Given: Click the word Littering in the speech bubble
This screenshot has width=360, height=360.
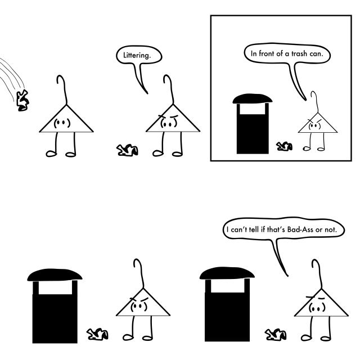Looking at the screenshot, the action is click(x=137, y=55).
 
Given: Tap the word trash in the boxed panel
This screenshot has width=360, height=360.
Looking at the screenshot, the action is click(x=299, y=53).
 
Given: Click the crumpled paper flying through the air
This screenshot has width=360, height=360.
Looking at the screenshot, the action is click(x=22, y=101).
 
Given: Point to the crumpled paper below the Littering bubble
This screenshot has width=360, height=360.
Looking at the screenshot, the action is click(x=127, y=150).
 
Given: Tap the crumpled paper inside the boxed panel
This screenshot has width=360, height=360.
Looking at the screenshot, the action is click(x=284, y=146).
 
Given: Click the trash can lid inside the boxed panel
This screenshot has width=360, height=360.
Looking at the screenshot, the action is click(x=253, y=98).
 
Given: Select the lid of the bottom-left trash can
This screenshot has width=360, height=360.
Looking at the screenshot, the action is click(x=55, y=274).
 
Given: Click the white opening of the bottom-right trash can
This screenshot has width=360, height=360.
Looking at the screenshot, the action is click(x=227, y=286).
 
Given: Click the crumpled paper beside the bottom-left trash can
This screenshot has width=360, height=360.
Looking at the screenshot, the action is click(x=97, y=334).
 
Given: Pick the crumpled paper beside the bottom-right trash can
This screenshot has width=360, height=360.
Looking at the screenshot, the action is click(x=276, y=335).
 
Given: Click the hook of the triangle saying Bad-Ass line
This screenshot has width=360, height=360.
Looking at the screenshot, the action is click(x=317, y=274).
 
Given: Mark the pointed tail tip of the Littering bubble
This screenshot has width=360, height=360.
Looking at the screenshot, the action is click(x=147, y=93).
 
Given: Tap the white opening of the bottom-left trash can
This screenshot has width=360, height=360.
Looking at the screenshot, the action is click(x=55, y=287).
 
